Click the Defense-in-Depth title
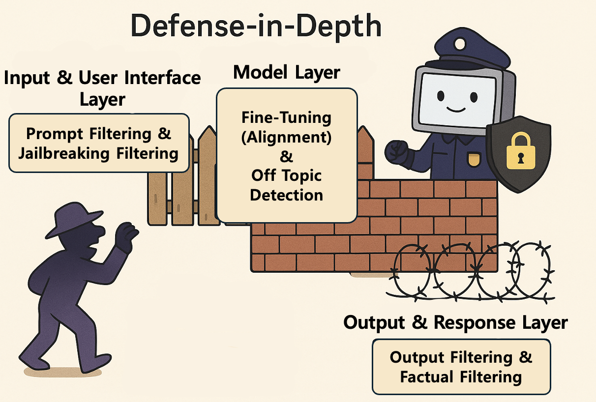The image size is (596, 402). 256,27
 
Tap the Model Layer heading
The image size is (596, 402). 286,72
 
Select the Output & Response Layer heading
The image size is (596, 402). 455,323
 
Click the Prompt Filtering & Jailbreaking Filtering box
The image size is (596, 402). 99,143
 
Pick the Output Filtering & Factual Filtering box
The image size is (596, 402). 461,367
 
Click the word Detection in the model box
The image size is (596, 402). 287,195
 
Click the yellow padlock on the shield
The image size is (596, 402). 520,151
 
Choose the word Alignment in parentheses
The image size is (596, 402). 286,138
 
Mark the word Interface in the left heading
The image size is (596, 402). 163,78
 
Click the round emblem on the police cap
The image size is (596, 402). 460,44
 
